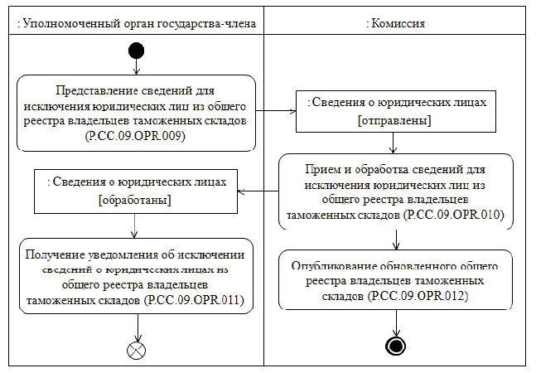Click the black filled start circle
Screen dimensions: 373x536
136,52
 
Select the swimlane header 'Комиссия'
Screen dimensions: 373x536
396,23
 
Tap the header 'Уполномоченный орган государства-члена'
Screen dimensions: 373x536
136,23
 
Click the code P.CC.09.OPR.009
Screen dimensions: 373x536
136,136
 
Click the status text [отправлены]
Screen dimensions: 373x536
396,121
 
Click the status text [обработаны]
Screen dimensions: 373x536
135,200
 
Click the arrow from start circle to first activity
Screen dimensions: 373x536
136,67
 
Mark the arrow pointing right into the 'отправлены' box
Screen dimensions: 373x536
290,109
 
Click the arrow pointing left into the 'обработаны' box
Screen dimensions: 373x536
244,192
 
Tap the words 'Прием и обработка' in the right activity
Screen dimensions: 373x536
347,167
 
